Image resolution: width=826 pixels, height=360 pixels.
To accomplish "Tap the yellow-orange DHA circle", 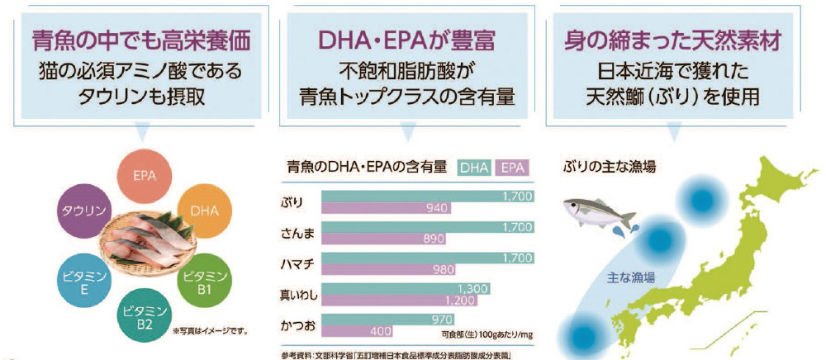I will tap(203, 211).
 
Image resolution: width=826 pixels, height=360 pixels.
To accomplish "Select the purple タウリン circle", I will tap(83, 211).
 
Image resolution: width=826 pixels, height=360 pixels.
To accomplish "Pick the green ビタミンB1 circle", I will tap(203, 280).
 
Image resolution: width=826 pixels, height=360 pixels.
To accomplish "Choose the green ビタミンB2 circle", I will tap(145, 316).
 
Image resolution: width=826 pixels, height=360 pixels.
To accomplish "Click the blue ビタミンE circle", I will tap(81, 280).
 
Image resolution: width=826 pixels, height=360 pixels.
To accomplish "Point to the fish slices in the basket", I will tap(145, 244).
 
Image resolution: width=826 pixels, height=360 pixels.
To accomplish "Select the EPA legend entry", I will tap(513, 168).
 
